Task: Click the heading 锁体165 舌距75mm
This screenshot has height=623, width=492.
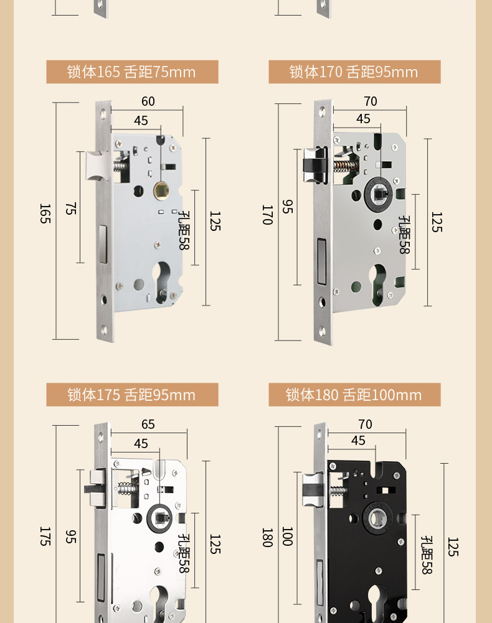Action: (132, 72)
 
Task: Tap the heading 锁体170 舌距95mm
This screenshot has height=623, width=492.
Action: (354, 72)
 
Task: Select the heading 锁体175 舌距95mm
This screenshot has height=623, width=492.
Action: (132, 395)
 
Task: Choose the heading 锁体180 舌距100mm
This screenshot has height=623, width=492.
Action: (354, 395)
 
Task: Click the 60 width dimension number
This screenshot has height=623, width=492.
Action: (148, 101)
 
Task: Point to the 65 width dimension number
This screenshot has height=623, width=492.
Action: (148, 424)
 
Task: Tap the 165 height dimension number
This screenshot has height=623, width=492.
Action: (45, 213)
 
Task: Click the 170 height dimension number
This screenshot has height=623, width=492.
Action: (267, 215)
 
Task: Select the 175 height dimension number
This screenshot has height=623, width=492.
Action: (45, 536)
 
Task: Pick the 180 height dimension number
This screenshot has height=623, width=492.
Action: (267, 537)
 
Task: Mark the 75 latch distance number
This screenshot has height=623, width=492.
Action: (70, 208)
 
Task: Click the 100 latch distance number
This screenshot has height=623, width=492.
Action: (287, 536)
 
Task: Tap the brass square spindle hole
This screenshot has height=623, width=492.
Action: (161, 190)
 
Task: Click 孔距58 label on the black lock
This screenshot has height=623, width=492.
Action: (427, 555)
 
